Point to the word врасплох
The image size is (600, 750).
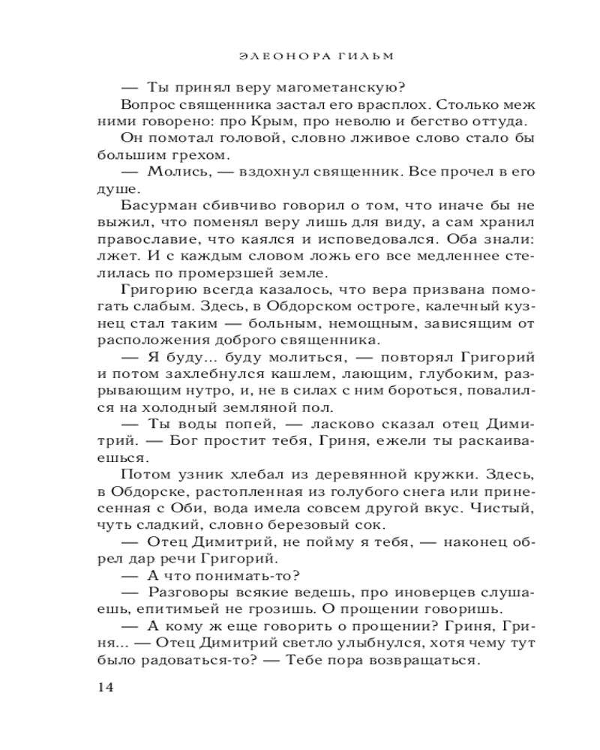(x=392, y=104)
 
